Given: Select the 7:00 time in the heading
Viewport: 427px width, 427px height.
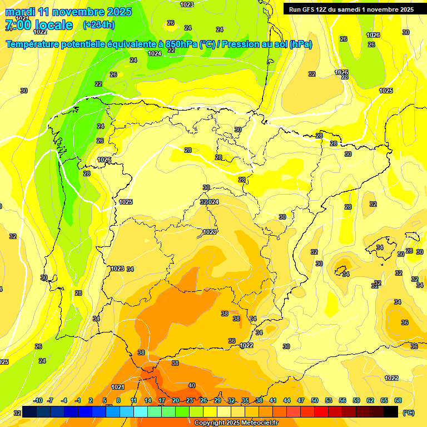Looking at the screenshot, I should coord(16,25).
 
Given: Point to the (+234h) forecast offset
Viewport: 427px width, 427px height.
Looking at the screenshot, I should coord(99,24).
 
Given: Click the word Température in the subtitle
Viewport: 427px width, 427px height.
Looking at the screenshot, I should coord(33,44).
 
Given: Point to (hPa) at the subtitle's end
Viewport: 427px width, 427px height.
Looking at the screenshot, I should coord(300,44).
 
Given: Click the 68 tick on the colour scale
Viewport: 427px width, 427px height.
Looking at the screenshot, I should coord(398,400).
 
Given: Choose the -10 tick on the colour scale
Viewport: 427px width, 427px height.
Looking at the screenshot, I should coord(38,400).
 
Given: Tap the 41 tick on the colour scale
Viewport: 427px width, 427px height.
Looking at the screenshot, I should coord(273,400).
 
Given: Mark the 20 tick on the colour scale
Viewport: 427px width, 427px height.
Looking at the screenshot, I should coord(176,400).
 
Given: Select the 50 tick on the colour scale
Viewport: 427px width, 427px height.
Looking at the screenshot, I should coord(315,400).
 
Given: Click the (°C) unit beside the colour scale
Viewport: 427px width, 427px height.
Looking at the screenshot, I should coord(409,412).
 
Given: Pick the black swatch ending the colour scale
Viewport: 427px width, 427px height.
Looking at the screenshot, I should coord(391,411).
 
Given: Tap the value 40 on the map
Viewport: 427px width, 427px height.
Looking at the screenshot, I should coord(192,385).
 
